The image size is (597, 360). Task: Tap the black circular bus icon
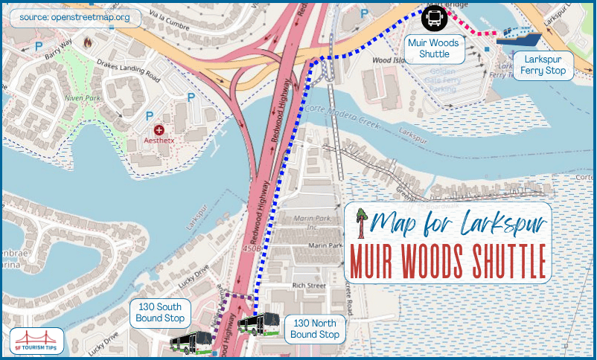(434, 16)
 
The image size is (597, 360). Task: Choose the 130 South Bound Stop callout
(161, 312)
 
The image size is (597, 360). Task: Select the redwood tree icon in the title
(363, 222)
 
